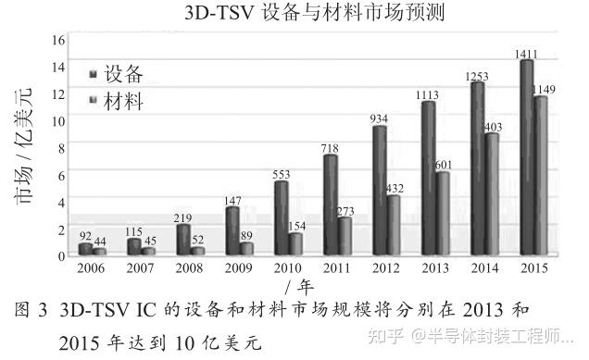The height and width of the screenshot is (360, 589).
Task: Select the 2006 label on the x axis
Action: pos(91,268)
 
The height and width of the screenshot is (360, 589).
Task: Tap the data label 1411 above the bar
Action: pos(527,54)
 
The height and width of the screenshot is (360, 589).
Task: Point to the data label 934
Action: pos(379,118)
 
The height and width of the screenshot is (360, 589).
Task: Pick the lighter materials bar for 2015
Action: pos(541,175)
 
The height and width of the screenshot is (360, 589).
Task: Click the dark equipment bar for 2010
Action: pos(282,217)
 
